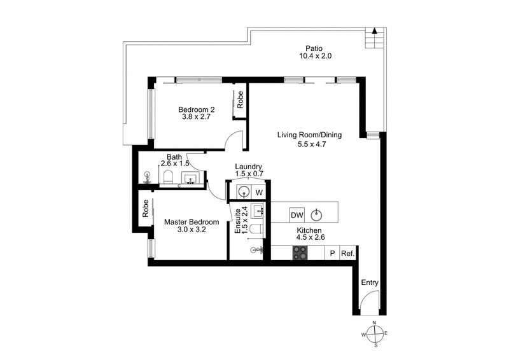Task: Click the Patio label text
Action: (x=313, y=48)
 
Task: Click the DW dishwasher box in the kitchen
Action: (x=297, y=214)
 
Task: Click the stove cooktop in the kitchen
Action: (x=300, y=253)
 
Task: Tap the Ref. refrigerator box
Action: (x=347, y=253)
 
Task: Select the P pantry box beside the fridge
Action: (x=331, y=253)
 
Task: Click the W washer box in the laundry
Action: (x=260, y=192)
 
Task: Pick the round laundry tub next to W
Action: (x=243, y=192)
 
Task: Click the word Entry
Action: (x=370, y=282)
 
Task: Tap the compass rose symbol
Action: (x=375, y=335)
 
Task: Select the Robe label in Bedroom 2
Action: (x=241, y=99)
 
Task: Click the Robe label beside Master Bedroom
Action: (x=145, y=209)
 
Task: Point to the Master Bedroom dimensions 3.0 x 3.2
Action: (x=192, y=230)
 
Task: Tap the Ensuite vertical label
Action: (x=238, y=221)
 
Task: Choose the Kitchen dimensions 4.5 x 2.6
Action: (x=310, y=237)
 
